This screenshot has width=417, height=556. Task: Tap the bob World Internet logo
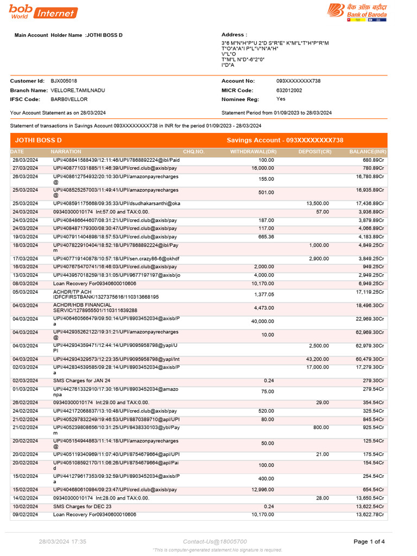click(x=43, y=11)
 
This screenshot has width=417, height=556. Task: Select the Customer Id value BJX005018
click(x=64, y=81)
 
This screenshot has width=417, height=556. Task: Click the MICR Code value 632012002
click(x=289, y=90)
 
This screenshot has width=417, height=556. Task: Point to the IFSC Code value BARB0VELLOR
click(x=69, y=99)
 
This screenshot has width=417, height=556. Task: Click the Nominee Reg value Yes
click(x=281, y=99)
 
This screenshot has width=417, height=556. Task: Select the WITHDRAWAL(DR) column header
click(x=254, y=151)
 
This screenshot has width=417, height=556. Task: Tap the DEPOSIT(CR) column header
click(x=315, y=151)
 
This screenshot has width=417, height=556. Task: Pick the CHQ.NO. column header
click(x=194, y=151)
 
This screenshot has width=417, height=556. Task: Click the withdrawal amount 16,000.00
click(x=263, y=168)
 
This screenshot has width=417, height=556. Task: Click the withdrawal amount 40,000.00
click(x=263, y=321)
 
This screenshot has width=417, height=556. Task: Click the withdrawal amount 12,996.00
click(x=263, y=490)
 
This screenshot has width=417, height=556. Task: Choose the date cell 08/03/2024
click(x=25, y=283)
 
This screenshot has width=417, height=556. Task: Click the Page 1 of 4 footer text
click(x=369, y=541)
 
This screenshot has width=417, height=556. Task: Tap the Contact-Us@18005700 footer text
click(x=215, y=541)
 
